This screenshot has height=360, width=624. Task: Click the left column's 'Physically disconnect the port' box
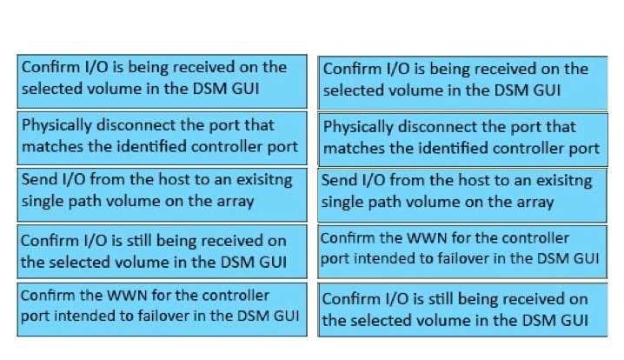point(162,136)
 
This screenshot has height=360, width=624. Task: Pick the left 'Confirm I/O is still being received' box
point(162,250)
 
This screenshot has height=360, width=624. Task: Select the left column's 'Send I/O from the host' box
point(162,190)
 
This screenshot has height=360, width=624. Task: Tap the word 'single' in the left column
point(43,201)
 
